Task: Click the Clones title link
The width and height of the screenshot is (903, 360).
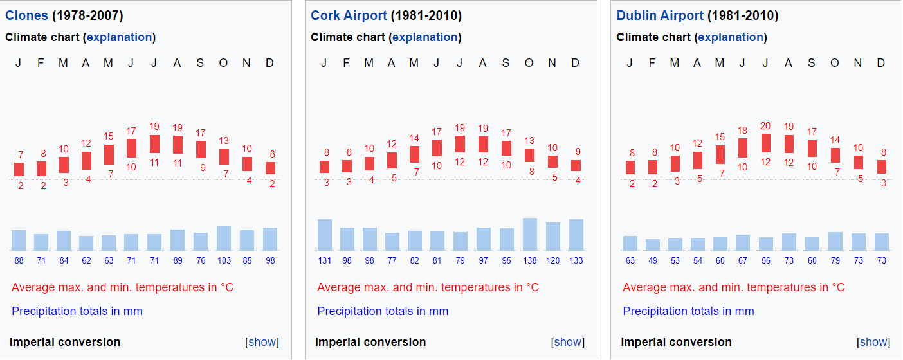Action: point(26,15)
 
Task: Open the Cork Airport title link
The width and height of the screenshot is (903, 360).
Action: point(349,15)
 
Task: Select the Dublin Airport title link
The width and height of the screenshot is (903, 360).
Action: point(660,15)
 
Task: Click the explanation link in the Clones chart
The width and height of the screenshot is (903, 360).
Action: point(120,37)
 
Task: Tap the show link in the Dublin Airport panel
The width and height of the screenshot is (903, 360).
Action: point(873,342)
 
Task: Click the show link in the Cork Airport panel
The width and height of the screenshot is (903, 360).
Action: point(568,342)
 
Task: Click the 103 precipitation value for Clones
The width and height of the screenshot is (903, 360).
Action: point(224,260)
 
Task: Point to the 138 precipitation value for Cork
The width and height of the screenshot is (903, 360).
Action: point(529,260)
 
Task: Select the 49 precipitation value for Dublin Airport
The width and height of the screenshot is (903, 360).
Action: point(653,260)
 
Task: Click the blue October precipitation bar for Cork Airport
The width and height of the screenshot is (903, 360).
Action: point(530,235)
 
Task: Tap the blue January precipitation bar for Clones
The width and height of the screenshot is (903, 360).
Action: point(19,240)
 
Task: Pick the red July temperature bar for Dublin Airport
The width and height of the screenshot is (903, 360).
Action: point(765,143)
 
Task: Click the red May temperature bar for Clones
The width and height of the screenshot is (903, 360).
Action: point(109,154)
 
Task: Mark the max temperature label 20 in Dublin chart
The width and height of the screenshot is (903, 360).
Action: point(765,126)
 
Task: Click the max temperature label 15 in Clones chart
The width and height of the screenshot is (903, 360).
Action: point(109,136)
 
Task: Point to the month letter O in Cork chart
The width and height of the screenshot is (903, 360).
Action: point(529,63)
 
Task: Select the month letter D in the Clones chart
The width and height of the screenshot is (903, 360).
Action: point(269,63)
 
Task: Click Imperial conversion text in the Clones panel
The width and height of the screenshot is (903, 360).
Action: point(65,342)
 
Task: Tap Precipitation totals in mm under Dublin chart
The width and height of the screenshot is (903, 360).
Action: point(688,311)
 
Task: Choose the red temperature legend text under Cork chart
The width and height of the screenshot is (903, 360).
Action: point(428,287)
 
